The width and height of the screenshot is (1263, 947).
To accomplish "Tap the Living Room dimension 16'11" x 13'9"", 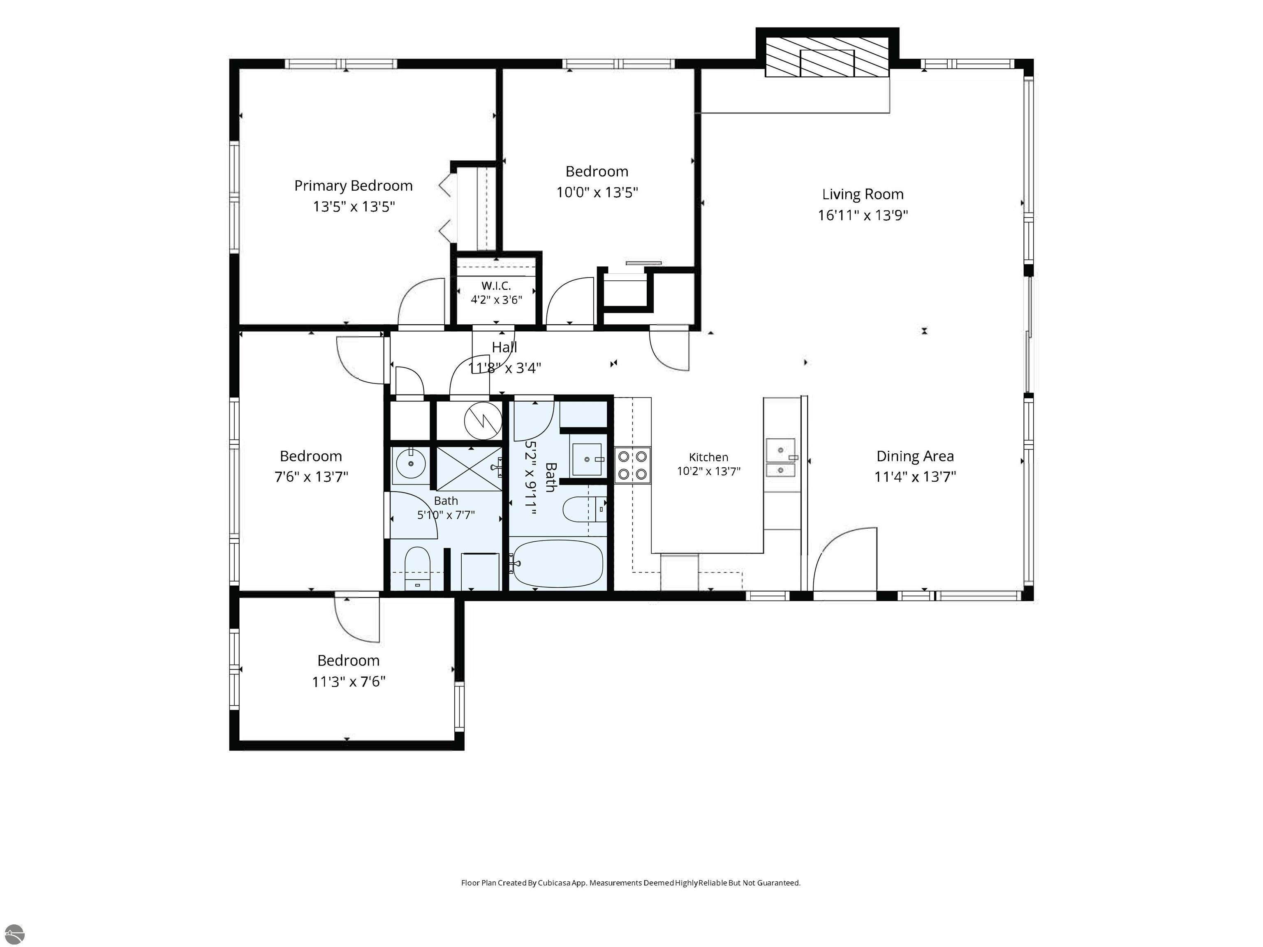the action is tap(863, 215).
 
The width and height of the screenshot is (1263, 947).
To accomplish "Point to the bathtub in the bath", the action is tap(557, 564).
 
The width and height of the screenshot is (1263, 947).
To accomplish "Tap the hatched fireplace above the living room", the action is tap(827, 57).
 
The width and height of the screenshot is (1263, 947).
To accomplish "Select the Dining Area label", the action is tap(915, 456).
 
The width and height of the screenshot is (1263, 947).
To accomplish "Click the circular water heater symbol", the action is tap(483, 421).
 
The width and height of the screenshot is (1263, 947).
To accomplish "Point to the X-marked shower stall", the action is tap(469, 469).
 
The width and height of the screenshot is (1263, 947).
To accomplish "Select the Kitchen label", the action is tap(708, 457).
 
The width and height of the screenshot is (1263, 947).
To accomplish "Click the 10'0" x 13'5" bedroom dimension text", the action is tap(597, 192).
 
